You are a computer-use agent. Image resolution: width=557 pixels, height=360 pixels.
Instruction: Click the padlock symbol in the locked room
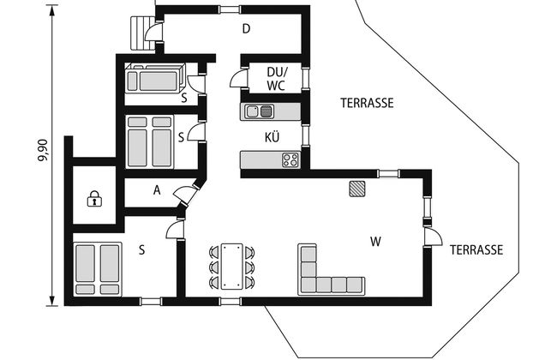point(94,199)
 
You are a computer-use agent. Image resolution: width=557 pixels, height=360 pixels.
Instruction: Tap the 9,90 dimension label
point(43,150)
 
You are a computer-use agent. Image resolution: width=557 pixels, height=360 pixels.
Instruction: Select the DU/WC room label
point(277,79)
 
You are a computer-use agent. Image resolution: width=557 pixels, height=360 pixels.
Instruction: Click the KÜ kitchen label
point(273,137)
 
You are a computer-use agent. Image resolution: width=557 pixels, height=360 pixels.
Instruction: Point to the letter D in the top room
point(246,28)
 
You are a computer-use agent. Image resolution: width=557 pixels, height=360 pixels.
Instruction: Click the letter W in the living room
point(375,242)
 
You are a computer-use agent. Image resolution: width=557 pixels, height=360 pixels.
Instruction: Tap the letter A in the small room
point(157,190)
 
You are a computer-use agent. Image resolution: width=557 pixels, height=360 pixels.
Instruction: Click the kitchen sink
point(260,111)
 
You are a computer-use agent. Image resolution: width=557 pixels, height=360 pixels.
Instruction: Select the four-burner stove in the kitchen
point(291,160)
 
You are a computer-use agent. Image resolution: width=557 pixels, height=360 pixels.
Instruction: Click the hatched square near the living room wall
point(356,189)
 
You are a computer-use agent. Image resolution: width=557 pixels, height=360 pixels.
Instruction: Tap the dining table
point(232,266)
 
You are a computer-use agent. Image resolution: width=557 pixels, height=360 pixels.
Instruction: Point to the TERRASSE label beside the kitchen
point(368,103)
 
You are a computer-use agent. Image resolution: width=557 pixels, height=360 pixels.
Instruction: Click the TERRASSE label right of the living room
point(476,249)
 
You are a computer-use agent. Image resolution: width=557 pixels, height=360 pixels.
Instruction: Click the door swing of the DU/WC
point(238,78)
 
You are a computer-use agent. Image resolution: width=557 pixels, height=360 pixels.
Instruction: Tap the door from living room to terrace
point(433,237)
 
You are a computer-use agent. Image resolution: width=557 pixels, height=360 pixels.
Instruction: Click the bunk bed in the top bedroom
point(156,78)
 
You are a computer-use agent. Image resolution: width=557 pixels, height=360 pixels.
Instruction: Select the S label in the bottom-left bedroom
point(141,250)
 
